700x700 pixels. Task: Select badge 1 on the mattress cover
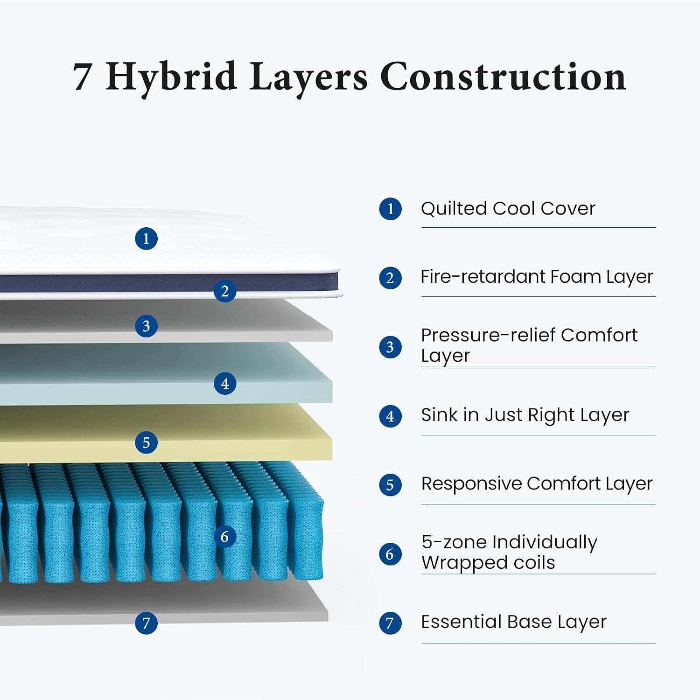pos(146,239)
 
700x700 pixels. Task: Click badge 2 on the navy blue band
pos(224,291)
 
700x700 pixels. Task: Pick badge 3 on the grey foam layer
pos(146,326)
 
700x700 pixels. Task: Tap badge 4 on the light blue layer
pos(224,384)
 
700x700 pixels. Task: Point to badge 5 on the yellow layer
pos(146,442)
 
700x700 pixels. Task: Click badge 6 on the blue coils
pos(224,537)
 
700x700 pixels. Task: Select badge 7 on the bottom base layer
pos(146,623)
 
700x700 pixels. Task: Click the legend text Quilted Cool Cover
pos(508,209)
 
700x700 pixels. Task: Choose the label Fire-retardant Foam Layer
pos(536,277)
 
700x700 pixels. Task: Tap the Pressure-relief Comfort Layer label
pos(529,345)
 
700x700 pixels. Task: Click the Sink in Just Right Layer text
pos(525,415)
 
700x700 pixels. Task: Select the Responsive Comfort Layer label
pos(536,484)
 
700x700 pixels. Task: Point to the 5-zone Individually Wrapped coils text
pos(509,552)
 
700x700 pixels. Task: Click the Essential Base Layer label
pos(513,622)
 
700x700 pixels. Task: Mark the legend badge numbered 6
pos(390,554)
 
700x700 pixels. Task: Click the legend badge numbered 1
pos(390,209)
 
